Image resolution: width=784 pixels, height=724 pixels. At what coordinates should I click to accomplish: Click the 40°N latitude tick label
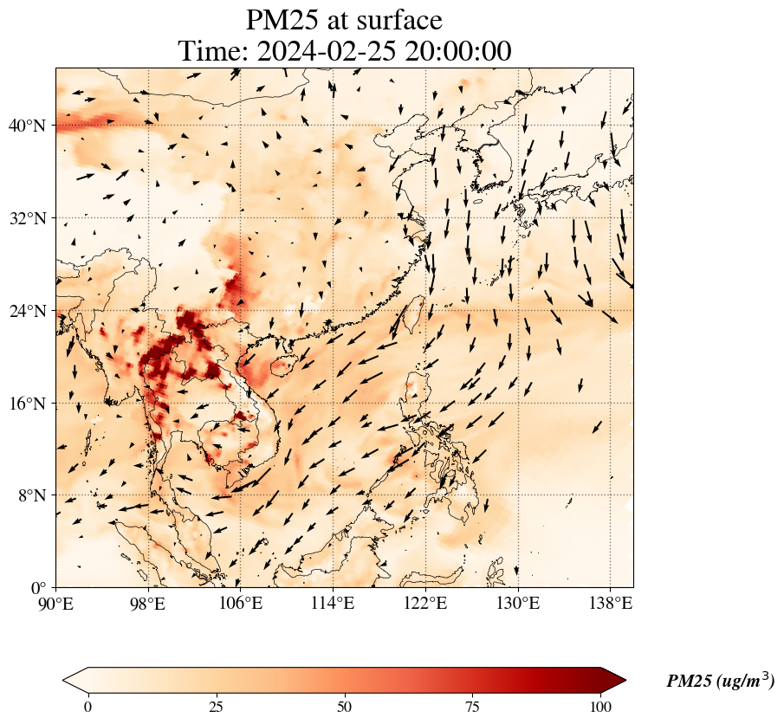tap(27, 126)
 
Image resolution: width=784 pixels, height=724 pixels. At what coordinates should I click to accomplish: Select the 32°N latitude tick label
tap(27, 218)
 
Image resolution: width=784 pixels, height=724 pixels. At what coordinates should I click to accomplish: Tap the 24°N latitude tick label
tap(27, 311)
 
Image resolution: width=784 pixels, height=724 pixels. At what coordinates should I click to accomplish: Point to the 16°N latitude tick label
tap(27, 404)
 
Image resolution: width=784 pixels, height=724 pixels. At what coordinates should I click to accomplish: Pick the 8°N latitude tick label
tap(31, 495)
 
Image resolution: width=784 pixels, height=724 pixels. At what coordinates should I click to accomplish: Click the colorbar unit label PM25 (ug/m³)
tap(720, 682)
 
